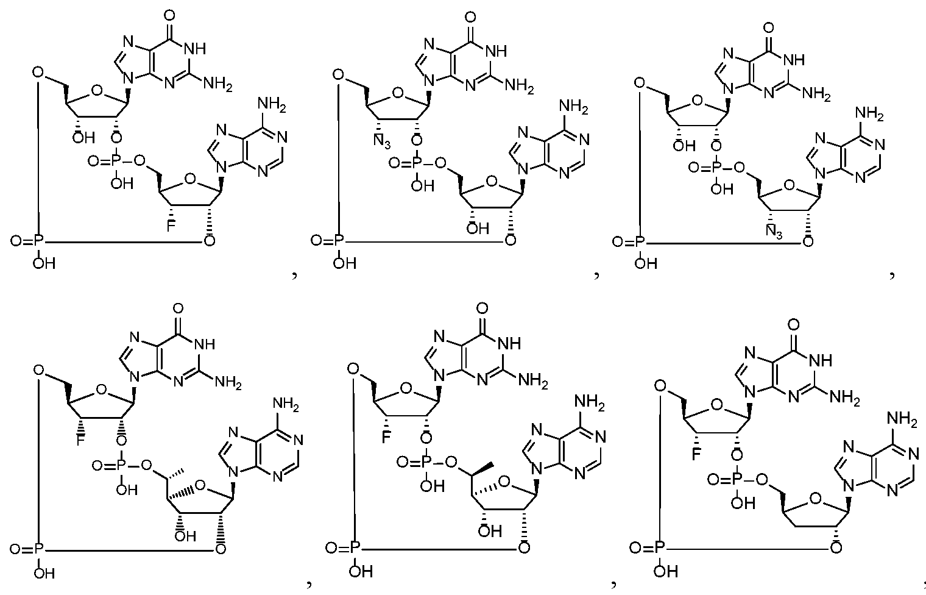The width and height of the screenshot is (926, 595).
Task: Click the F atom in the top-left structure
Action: [171, 226]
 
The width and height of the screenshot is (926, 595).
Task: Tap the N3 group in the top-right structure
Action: [774, 231]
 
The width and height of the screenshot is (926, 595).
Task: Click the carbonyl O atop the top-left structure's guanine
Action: [169, 16]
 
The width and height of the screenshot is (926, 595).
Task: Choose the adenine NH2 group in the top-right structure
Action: [869, 113]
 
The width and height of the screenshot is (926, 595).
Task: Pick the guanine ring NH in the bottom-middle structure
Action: [509, 343]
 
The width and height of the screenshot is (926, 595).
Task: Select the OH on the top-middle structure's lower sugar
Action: [478, 228]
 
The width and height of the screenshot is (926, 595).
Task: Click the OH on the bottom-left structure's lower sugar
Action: [185, 536]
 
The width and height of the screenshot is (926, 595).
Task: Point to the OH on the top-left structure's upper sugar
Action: [83, 137]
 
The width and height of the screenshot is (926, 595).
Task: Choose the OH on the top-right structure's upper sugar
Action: [684, 146]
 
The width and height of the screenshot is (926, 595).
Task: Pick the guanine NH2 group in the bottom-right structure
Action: [844, 398]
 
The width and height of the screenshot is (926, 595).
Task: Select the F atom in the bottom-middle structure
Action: [386, 438]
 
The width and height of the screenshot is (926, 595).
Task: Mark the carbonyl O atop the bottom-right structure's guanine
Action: [793, 325]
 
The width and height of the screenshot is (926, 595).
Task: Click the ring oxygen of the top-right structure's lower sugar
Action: [789, 185]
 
